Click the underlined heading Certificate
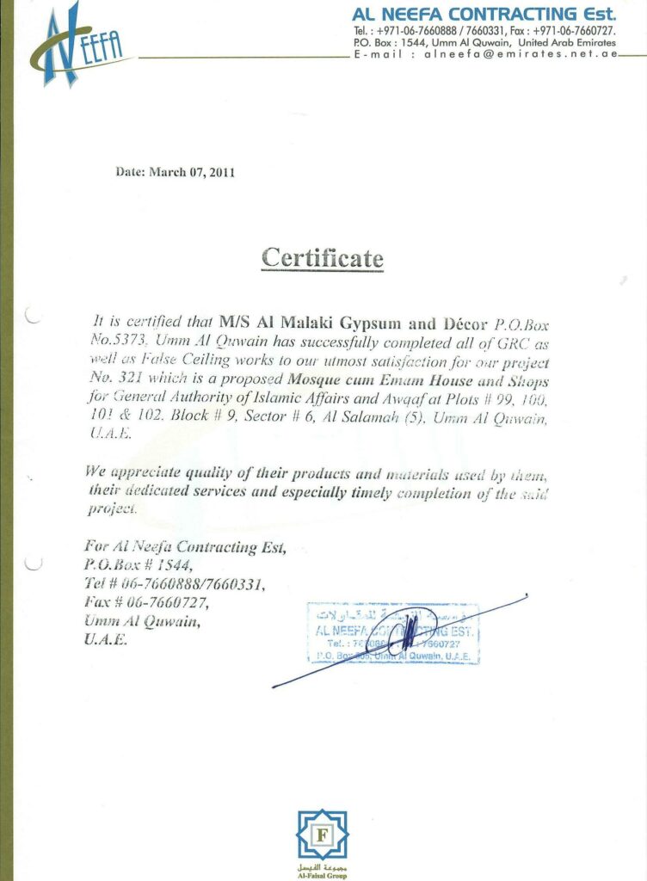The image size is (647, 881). pyautogui.click(x=323, y=257)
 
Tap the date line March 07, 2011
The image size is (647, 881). pyautogui.click(x=176, y=171)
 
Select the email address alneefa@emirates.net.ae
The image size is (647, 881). pyautogui.click(x=521, y=53)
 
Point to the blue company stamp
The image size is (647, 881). pyautogui.click(x=392, y=632)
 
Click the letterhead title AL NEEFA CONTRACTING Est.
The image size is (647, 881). pyautogui.click(x=484, y=14)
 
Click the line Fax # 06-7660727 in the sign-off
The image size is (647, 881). pyautogui.click(x=146, y=603)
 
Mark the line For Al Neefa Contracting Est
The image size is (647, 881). pyautogui.click(x=184, y=546)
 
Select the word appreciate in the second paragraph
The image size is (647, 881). pyautogui.click(x=142, y=471)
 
